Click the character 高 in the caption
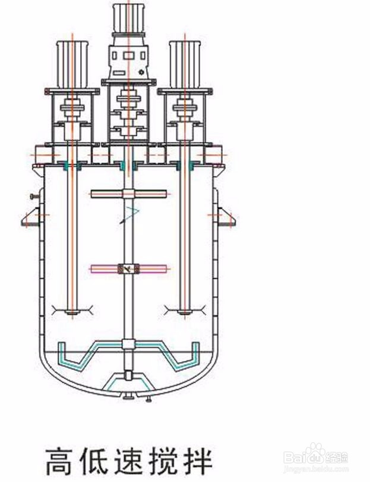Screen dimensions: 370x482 click(x=61, y=461)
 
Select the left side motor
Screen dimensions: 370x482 click(x=72, y=64)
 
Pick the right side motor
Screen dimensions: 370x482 click(x=185, y=64)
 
